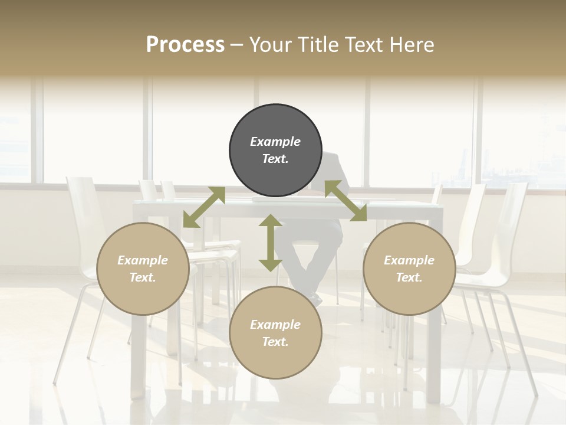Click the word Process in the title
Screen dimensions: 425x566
[185, 45]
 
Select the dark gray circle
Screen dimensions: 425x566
[275, 150]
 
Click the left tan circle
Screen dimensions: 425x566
[143, 269]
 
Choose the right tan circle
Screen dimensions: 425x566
[409, 269]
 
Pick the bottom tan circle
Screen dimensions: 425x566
[275, 333]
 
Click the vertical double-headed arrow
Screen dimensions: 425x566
[271, 243]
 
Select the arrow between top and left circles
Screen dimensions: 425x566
[204, 207]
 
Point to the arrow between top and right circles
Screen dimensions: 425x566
[345, 201]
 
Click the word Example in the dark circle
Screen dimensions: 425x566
[275, 142]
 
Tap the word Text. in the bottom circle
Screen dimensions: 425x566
[275, 342]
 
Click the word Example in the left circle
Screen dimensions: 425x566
[143, 260]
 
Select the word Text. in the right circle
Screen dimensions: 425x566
[409, 277]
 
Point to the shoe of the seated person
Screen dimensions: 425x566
[316, 301]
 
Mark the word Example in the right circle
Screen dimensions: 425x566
[409, 260]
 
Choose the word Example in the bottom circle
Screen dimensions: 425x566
[275, 325]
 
